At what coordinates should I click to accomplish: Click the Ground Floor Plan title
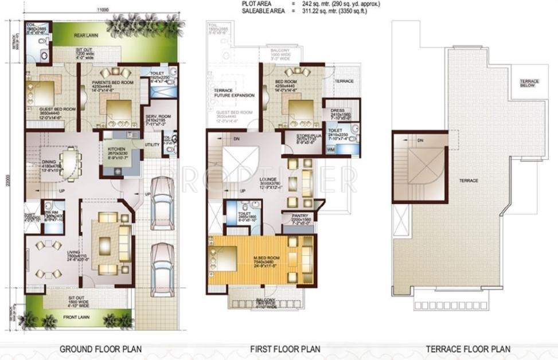click(x=101, y=349)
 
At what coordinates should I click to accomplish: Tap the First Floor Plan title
click(x=286, y=349)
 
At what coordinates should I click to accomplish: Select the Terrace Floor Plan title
click(x=469, y=349)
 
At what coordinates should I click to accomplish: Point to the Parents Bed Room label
click(x=112, y=73)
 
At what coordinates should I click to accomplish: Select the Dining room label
click(x=49, y=162)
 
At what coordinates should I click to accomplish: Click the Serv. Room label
click(x=157, y=116)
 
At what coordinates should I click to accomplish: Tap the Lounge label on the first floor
click(x=253, y=179)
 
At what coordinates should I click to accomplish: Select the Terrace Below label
click(x=528, y=83)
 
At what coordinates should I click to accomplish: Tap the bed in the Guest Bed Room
click(x=40, y=91)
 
